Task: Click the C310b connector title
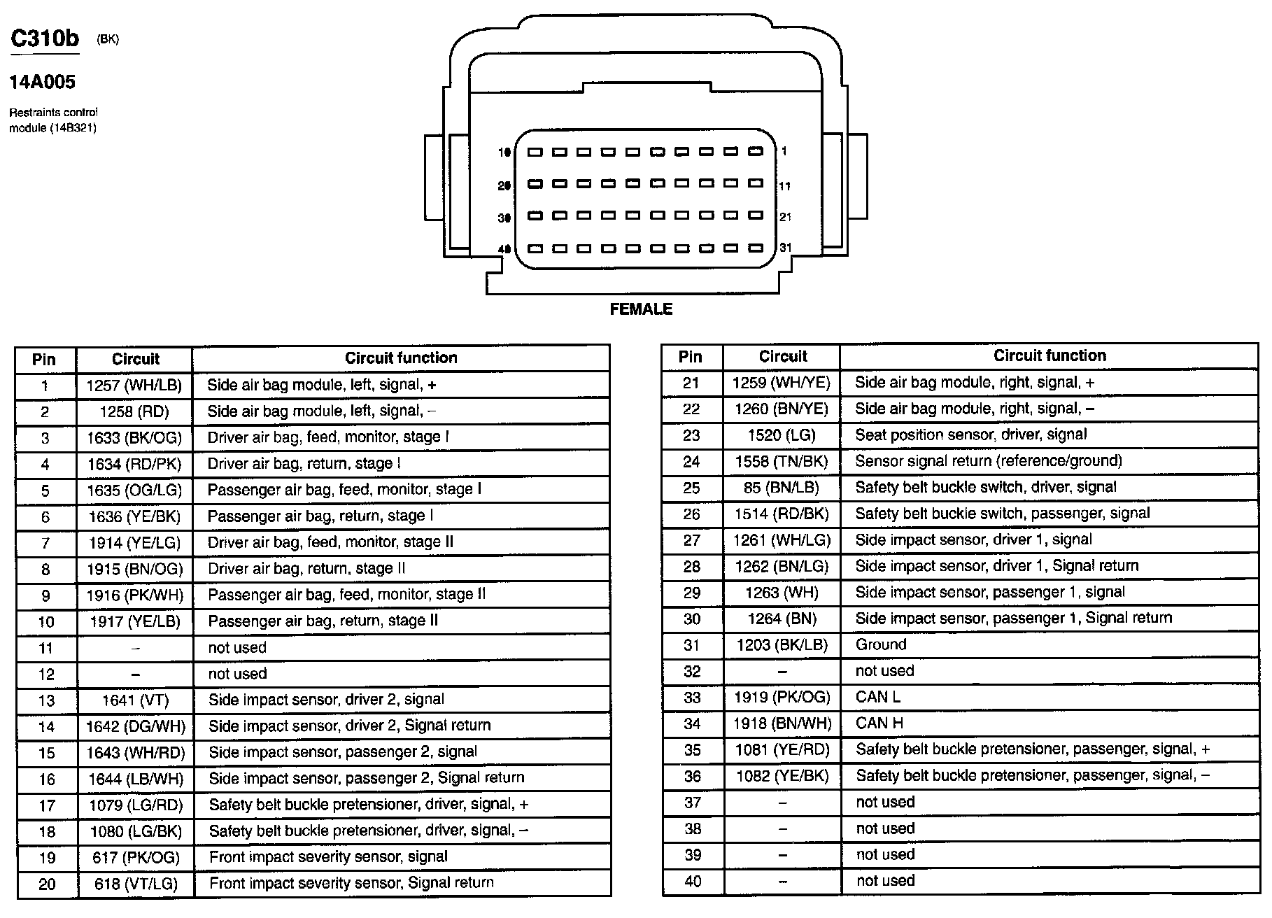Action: tap(45, 38)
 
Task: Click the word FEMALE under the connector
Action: tap(641, 309)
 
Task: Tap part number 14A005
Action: tap(42, 83)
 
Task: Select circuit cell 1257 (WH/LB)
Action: tap(134, 386)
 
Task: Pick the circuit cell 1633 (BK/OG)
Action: tap(134, 438)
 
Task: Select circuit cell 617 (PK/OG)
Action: tap(136, 857)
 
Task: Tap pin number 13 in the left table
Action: tap(46, 700)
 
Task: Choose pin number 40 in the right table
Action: tap(693, 881)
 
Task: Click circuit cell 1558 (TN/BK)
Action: tap(782, 461)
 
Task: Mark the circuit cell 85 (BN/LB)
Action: tap(782, 488)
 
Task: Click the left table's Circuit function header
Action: tap(401, 358)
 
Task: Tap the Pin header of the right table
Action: tap(691, 357)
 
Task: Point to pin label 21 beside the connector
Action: tap(786, 217)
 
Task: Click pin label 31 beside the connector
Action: tap(786, 248)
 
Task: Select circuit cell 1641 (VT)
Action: tap(135, 700)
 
